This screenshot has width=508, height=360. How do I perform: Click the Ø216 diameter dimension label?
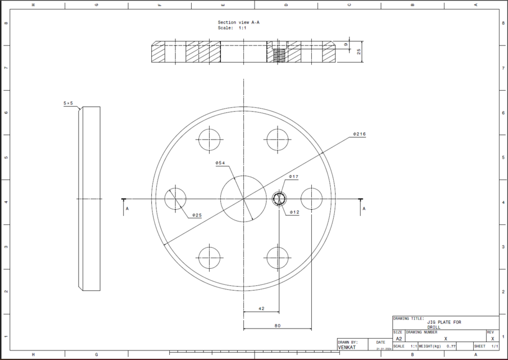coord(360,134)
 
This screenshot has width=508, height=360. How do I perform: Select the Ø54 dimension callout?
coord(220,163)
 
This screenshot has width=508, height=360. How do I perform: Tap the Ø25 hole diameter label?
coord(197,215)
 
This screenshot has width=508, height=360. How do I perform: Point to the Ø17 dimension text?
coord(293,177)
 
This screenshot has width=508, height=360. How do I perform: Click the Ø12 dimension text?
coord(294,213)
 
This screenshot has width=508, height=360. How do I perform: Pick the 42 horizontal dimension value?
coord(261,308)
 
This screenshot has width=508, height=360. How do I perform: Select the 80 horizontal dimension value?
coord(278,325)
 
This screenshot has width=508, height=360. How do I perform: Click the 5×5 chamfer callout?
coord(69,103)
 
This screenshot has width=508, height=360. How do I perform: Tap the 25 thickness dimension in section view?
coord(359,52)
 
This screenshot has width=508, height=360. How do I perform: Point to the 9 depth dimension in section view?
coord(346,44)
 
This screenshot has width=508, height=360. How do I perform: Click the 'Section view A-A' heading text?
coord(238,22)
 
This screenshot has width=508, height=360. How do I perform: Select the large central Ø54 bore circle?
coord(243,199)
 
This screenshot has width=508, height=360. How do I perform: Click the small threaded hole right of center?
coord(279,199)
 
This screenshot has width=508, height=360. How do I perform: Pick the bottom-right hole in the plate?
coord(278,257)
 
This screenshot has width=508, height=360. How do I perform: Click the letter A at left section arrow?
coord(127,209)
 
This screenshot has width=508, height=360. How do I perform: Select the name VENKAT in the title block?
coord(347,348)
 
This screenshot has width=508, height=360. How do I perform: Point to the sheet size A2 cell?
coord(398,339)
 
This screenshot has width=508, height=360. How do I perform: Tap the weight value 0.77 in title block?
coord(451,346)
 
